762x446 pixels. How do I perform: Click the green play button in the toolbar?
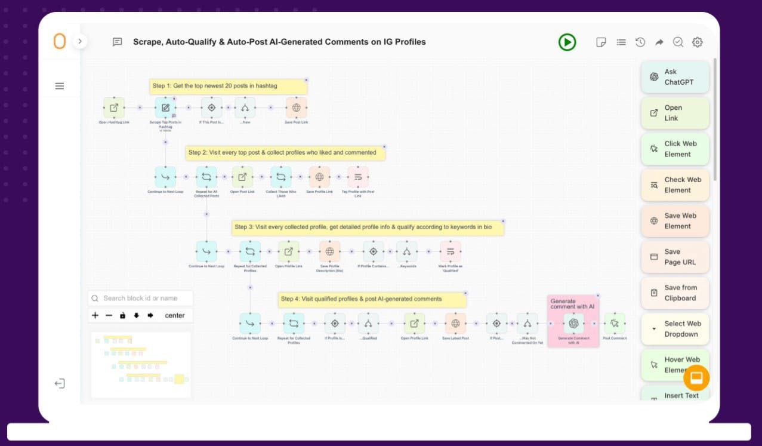567,42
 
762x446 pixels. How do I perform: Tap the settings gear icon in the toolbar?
697,42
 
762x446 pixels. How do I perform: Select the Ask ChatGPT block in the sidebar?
675,77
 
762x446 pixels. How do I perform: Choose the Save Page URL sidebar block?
675,257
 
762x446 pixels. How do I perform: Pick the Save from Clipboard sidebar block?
675,293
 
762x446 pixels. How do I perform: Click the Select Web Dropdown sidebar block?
675,329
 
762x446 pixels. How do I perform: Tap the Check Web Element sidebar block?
675,184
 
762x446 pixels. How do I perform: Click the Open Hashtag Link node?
114,108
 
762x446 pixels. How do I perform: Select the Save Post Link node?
296,108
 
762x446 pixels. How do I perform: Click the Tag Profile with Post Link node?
358,177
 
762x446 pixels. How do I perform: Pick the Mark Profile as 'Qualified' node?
451,251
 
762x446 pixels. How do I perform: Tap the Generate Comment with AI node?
573,324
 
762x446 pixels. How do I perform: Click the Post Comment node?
615,324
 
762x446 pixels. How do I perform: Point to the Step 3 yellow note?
368,227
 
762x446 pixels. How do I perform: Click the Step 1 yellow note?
228,86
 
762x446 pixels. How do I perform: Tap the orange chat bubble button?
696,377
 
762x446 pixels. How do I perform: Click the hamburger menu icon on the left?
60,86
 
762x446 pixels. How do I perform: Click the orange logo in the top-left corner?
60,42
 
